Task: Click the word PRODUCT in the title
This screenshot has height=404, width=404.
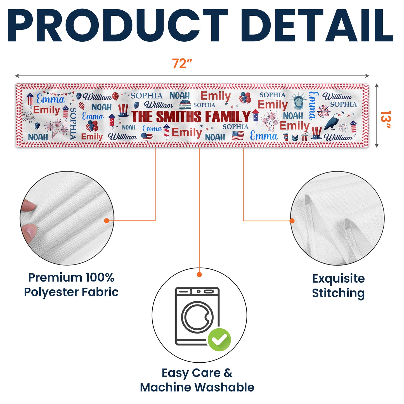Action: click(117, 26)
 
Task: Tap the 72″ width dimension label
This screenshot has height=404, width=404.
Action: click(182, 64)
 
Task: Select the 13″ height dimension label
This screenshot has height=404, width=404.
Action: click(386, 120)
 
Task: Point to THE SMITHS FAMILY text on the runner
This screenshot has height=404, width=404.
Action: click(191, 116)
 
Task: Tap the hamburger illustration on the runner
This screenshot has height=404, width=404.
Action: click(185, 105)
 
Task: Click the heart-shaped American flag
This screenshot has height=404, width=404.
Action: click(147, 137)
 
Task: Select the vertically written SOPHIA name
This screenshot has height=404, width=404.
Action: click(73, 123)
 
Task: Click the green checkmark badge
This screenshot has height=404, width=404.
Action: click(219, 340)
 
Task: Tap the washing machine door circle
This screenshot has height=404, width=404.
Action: click(197, 317)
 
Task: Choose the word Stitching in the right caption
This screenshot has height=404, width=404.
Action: click(338, 293)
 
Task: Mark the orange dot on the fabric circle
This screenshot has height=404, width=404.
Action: click(107, 221)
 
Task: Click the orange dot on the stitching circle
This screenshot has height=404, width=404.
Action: click(292, 221)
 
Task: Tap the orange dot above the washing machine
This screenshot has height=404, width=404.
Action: click(199, 275)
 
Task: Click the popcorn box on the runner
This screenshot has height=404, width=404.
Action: click(304, 137)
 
